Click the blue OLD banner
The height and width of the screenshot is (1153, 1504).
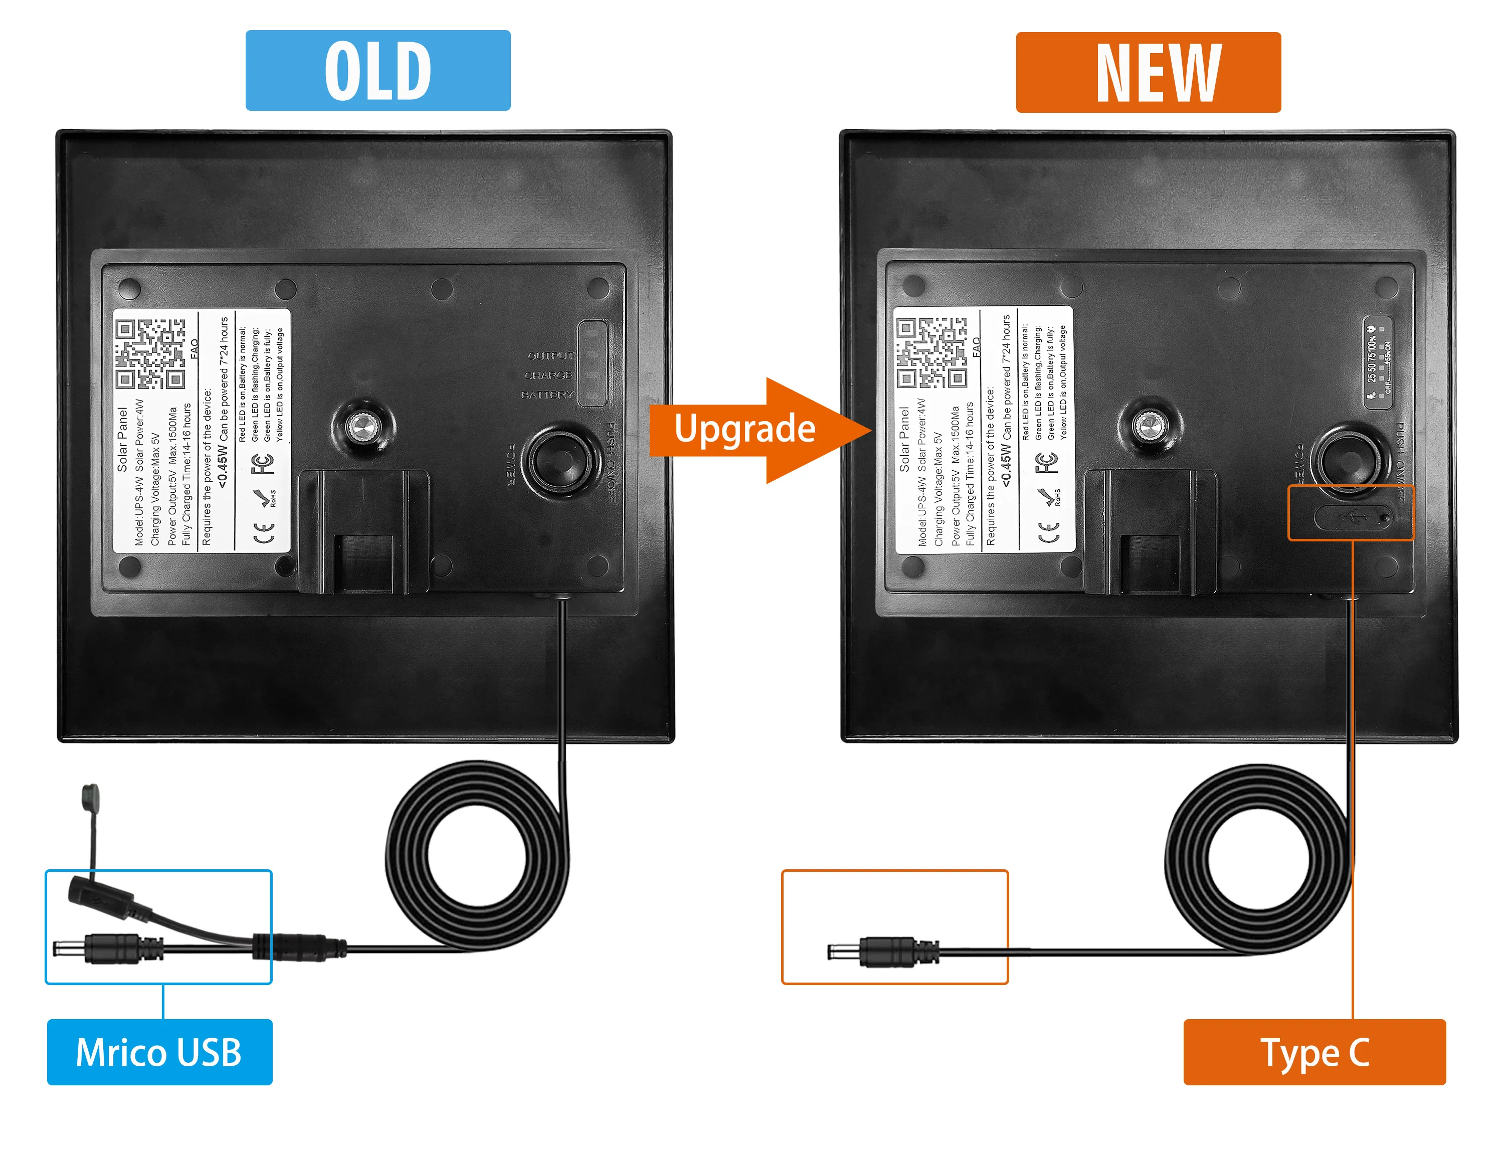click(x=378, y=70)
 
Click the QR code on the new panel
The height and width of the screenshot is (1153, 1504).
click(x=931, y=353)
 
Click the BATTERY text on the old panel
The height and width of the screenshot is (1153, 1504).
click(x=546, y=395)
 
